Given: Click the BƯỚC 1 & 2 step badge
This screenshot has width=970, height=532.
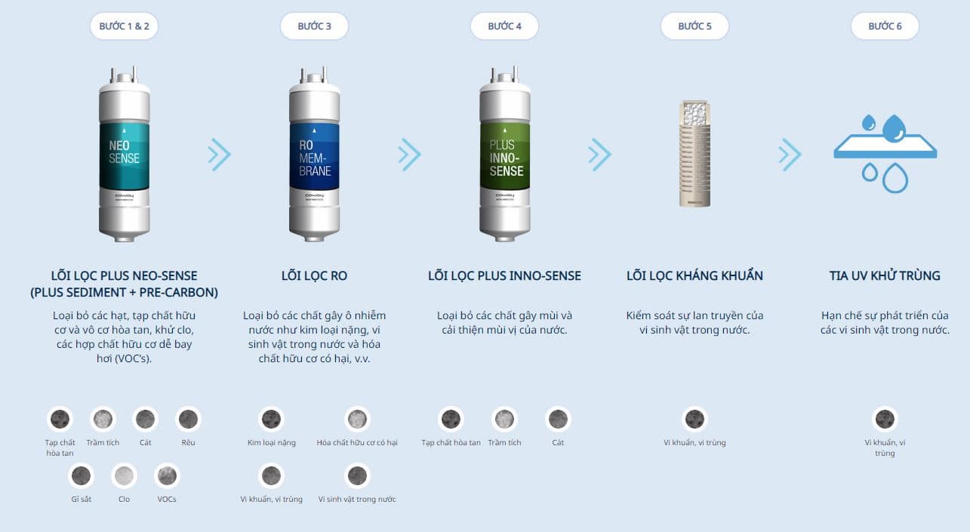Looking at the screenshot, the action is (x=124, y=26).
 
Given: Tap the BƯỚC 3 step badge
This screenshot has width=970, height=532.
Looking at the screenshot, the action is (x=314, y=26).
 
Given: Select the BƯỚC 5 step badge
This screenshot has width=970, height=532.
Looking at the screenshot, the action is (x=694, y=26).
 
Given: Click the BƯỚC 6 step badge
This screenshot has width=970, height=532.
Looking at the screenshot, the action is (x=885, y=26).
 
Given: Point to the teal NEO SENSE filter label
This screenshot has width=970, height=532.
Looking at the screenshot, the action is (x=125, y=156).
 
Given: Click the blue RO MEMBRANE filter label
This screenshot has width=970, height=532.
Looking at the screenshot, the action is (x=314, y=156).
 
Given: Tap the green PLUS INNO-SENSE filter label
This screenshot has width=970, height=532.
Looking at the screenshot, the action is (x=504, y=156).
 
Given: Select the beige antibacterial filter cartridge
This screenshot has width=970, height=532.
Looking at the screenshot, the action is (x=694, y=154).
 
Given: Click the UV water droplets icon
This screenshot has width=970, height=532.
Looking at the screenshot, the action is (x=885, y=153).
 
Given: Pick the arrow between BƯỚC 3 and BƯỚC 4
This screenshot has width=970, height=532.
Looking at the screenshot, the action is (x=409, y=155).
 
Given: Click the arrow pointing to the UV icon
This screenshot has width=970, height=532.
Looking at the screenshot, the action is (x=790, y=155).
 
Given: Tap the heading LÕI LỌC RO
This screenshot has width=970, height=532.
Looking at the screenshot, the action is (x=314, y=275).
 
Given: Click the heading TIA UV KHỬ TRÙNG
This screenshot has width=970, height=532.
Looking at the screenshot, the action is (x=885, y=275).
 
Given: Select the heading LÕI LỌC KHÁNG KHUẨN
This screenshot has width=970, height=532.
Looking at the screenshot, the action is (x=694, y=275).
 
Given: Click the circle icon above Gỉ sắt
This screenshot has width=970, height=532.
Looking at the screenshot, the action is (x=81, y=475).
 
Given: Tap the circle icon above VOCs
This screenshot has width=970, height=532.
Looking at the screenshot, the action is (x=167, y=475).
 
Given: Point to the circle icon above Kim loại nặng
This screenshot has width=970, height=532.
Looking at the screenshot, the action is (x=272, y=419).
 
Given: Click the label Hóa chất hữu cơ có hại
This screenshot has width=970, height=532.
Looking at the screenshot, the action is (x=357, y=442).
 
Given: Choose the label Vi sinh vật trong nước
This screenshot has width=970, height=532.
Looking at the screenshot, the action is (x=357, y=499).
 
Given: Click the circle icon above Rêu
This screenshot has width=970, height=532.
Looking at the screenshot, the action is (x=189, y=419).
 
